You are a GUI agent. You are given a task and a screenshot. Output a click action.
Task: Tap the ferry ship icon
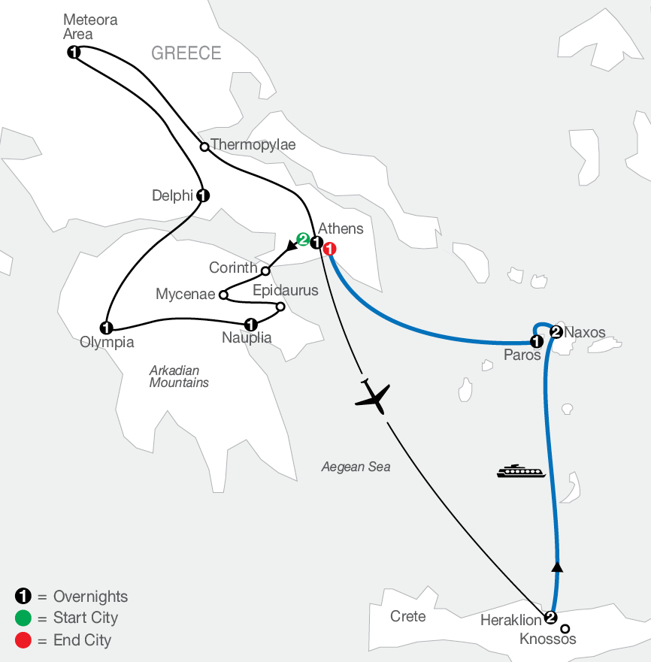519,471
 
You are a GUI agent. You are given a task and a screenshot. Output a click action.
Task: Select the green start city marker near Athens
303,240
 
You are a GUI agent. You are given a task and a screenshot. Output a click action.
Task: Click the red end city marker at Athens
329,249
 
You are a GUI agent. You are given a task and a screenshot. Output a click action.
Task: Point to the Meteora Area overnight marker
74,52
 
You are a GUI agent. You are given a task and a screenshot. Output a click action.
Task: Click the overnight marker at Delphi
202,195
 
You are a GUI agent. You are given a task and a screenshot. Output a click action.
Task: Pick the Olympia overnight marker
107,328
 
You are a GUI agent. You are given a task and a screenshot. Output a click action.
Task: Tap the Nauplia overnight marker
251,325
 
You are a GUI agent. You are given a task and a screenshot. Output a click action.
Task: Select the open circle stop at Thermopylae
204,147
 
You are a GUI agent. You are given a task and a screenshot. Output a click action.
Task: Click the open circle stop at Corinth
265,271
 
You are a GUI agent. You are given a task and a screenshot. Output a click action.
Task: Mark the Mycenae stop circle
223,295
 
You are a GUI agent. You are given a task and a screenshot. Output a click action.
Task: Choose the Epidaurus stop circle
280,307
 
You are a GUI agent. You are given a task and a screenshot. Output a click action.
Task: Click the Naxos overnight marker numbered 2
556,332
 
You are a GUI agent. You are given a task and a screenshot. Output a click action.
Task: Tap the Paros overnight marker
536,342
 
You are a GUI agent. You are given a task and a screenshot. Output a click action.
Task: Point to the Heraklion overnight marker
550,618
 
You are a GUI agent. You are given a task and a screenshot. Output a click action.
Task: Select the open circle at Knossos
565,629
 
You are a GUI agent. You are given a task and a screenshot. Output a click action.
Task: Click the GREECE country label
186,53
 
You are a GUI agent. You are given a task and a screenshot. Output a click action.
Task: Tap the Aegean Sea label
356,467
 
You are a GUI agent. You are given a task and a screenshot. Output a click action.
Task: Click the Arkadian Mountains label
179,376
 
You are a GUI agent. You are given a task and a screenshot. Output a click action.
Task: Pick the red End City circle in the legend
23,640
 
